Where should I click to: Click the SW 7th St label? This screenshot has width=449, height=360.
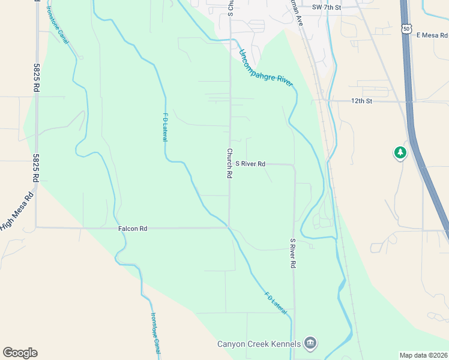[327, 7]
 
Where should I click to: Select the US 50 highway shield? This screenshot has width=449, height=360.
[407, 28]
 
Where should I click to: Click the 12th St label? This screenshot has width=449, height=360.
[362, 101]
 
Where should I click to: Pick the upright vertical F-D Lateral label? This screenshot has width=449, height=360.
[165, 127]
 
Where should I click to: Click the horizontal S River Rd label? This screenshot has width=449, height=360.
[250, 163]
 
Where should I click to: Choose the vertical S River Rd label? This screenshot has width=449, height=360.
[293, 253]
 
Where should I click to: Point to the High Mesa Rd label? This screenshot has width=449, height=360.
[16, 211]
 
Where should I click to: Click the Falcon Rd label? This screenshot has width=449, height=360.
[133, 229]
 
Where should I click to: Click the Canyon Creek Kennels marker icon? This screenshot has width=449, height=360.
[310, 343]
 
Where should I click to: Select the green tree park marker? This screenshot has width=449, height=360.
[400, 153]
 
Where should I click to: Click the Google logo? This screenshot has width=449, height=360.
[20, 353]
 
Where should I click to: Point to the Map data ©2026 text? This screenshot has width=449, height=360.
[423, 355]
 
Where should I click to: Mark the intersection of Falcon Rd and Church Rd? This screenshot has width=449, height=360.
[229, 227]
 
